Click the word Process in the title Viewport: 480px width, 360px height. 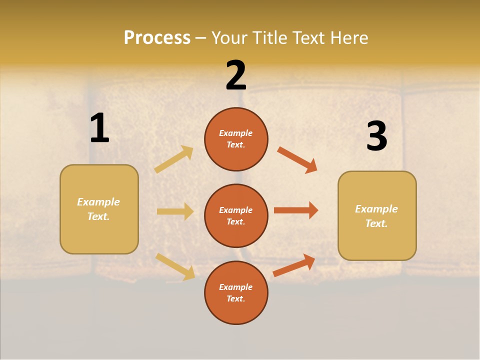(x=157, y=37)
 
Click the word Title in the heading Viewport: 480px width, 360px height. (x=269, y=37)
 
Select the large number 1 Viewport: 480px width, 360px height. (x=99, y=128)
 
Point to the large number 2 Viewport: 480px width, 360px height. (x=236, y=75)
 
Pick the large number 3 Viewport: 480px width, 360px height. (x=376, y=136)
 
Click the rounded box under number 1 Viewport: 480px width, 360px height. (x=99, y=209)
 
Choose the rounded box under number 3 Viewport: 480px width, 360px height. (x=377, y=216)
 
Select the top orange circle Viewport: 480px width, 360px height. (x=236, y=139)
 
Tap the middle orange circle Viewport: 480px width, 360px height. (x=236, y=215)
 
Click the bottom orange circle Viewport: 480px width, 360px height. (x=236, y=292)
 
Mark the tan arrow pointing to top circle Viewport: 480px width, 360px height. (x=174, y=159)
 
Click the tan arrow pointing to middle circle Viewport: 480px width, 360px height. (x=175, y=211)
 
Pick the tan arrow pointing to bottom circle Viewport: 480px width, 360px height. (x=175, y=266)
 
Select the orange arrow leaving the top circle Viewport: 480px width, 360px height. (x=297, y=160)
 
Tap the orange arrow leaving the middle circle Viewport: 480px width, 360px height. (x=296, y=210)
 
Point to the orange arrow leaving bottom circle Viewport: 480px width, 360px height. (x=294, y=265)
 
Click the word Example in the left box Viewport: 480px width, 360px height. (x=98, y=202)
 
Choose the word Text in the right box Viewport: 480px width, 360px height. (x=376, y=223)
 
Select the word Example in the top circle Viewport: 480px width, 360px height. (x=236, y=133)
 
